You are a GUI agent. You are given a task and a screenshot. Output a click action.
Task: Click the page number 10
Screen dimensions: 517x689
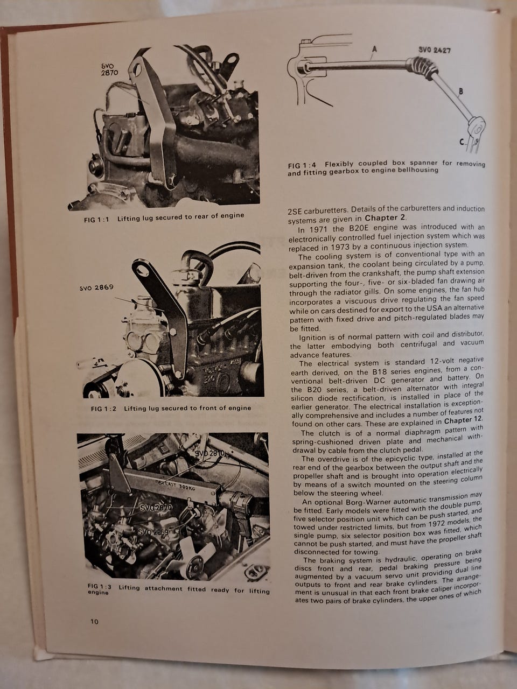pyautogui.click(x=94, y=622)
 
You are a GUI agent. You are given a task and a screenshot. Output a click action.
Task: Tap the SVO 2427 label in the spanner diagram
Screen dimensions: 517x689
pyautogui.click(x=435, y=50)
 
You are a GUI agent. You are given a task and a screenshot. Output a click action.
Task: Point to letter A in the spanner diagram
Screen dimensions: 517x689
pyautogui.click(x=374, y=49)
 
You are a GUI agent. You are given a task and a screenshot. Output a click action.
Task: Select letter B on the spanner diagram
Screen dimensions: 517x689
pyautogui.click(x=461, y=92)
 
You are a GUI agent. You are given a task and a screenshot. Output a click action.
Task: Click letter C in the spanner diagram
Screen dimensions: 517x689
pyautogui.click(x=462, y=142)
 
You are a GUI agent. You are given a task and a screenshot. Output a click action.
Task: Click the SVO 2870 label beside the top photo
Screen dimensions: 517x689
pyautogui.click(x=109, y=69)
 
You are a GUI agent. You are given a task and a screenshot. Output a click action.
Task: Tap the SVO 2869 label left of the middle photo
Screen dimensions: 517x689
pyautogui.click(x=96, y=287)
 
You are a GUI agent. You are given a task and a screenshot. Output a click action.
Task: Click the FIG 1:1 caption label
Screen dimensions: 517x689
pyautogui.click(x=96, y=220)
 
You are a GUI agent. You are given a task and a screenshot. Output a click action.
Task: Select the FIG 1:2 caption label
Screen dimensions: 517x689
pyautogui.click(x=103, y=409)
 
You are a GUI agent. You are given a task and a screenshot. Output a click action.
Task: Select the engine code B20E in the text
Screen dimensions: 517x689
pyautogui.click(x=357, y=227)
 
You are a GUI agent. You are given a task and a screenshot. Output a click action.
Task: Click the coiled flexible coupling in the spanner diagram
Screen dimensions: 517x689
pyautogui.click(x=422, y=67)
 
